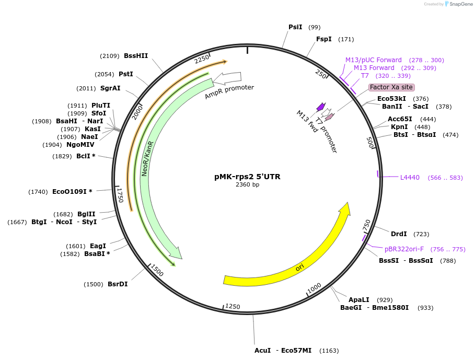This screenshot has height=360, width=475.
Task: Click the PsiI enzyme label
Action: click(x=295, y=27)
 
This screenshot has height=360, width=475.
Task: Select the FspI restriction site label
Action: click(x=323, y=39)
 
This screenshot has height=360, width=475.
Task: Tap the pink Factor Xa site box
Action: click(x=391, y=87)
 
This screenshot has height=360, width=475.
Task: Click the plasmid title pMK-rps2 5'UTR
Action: click(x=247, y=177)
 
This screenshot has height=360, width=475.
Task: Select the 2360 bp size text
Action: click(x=247, y=184)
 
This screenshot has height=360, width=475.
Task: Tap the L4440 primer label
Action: click(x=410, y=178)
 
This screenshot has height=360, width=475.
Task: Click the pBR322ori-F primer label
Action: click(x=404, y=249)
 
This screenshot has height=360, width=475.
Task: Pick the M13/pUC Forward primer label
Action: click(x=373, y=60)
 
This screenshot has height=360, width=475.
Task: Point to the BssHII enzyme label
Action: click(x=136, y=56)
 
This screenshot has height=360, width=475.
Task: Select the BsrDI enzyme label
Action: click(x=118, y=284)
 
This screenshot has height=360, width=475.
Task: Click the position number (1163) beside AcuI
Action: click(x=329, y=351)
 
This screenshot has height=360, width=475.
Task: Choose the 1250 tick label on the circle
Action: click(x=233, y=307)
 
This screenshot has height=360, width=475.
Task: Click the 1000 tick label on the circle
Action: click(x=314, y=288)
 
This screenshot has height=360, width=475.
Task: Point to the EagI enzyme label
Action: click(x=98, y=246)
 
